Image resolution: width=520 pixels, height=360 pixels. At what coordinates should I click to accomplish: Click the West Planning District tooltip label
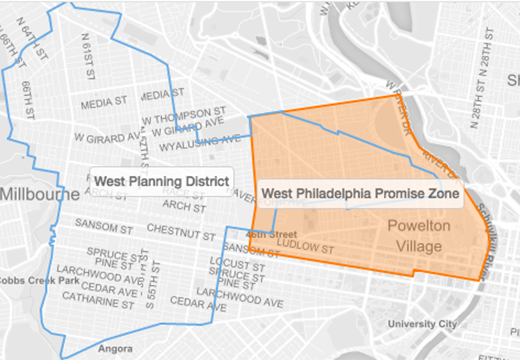pos(160,181)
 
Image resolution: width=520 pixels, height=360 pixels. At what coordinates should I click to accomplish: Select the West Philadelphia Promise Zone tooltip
pos(360,191)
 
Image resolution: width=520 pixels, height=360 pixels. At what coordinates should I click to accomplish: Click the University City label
pos(426,324)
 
